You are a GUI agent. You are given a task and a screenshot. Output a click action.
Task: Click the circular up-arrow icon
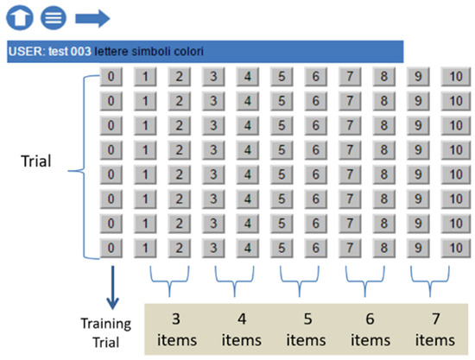pyautogui.click(x=18, y=17)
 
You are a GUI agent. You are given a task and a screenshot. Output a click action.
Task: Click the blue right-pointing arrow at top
pyautogui.click(x=92, y=17)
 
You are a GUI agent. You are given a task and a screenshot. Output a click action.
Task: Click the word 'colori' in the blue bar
pyautogui.click(x=187, y=52)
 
